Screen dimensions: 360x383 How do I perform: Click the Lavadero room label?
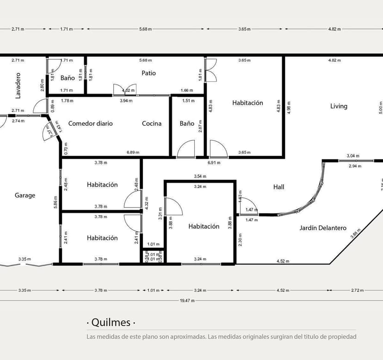(18, 85)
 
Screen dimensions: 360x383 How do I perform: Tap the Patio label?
(148, 73)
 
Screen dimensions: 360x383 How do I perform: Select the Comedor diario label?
(90, 123)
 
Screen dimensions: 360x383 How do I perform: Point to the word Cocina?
(152, 123)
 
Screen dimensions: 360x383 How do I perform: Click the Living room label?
(339, 106)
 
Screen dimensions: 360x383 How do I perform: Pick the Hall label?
(278, 187)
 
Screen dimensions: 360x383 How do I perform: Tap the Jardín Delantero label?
(323, 228)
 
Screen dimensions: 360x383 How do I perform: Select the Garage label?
(25, 195)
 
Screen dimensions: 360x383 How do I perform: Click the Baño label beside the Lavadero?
(68, 78)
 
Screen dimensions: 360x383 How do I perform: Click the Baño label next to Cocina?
(187, 123)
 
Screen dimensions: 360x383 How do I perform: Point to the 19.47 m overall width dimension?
(187, 300)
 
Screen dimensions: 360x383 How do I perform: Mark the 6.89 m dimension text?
(133, 153)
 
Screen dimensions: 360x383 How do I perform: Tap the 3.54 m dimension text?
(200, 177)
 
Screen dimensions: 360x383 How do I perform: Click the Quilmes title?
(111, 323)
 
